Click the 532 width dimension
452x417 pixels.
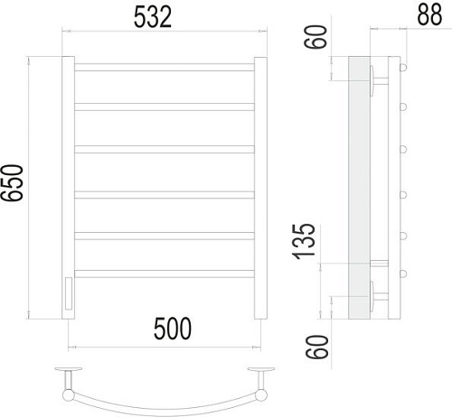tap(153, 17)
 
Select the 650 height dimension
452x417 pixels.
tap(12, 182)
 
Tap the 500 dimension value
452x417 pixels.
tap(173, 329)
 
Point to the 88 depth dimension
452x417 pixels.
tap(429, 14)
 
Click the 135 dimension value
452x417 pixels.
tap(304, 242)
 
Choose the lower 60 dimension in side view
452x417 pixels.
tap(316, 347)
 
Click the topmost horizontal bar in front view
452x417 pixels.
tap(165, 67)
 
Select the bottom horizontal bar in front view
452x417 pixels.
tap(165, 273)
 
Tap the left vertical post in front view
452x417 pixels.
tap(68, 188)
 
